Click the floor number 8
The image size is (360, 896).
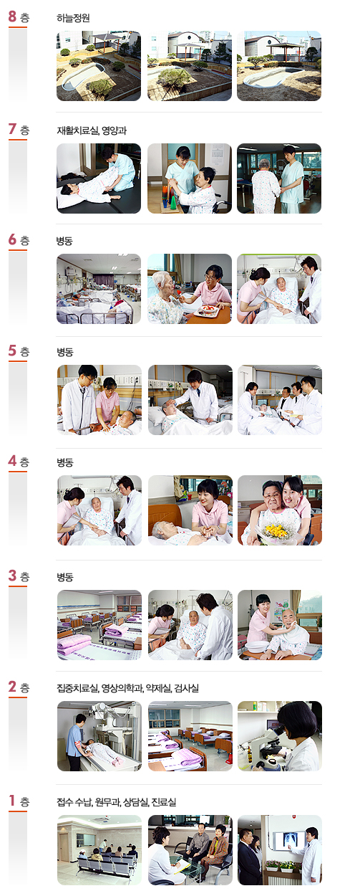tap(12, 16)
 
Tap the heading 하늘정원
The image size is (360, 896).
tap(73, 18)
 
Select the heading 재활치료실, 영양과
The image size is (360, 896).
tap(92, 130)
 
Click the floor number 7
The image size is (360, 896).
tap(12, 129)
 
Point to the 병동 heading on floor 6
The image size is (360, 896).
tap(64, 241)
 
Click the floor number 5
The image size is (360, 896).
tap(12, 351)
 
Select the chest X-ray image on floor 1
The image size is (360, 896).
tap(290, 839)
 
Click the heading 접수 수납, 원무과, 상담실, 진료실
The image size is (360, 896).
tap(116, 802)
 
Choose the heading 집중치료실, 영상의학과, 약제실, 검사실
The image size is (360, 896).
tap(128, 688)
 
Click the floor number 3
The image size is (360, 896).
tap(12, 576)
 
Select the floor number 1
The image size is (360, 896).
tap(12, 801)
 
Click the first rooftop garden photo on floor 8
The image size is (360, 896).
tap(99, 66)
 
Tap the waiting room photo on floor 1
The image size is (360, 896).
tap(99, 850)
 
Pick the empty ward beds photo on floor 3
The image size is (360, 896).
tap(99, 625)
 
